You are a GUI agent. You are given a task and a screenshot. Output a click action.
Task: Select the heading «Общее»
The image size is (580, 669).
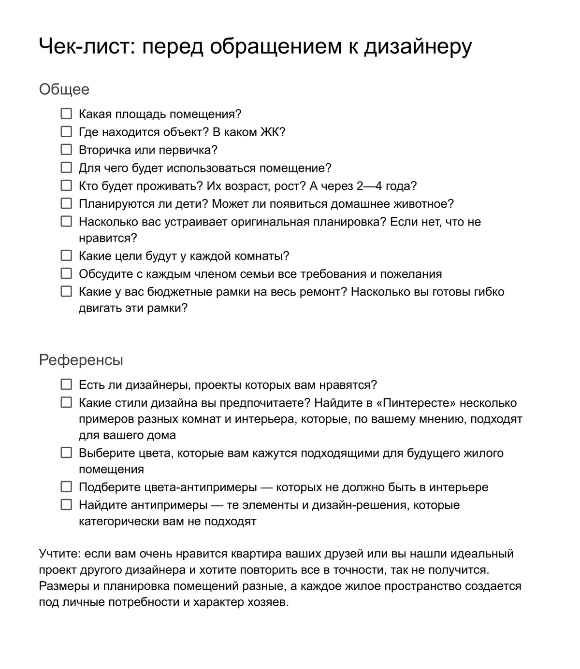click(x=64, y=89)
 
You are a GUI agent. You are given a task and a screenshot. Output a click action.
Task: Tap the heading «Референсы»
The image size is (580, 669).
click(x=81, y=360)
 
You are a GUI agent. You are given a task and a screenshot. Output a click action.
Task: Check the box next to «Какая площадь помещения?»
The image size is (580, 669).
click(x=66, y=114)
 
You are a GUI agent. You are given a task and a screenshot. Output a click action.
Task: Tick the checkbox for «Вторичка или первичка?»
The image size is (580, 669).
click(x=66, y=150)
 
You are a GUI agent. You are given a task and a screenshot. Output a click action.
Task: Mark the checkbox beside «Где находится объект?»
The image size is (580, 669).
click(x=66, y=132)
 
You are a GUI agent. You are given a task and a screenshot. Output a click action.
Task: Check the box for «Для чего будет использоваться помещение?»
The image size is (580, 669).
click(x=66, y=168)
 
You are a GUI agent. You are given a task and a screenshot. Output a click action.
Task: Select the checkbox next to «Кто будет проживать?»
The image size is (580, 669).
click(x=66, y=185)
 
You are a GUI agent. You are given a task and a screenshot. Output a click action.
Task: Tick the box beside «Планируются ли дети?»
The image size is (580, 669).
click(x=66, y=203)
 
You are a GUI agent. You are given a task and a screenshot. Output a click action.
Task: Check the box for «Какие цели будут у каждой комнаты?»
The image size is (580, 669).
click(x=66, y=256)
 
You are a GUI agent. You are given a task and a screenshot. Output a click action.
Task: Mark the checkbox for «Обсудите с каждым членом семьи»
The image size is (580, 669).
click(x=66, y=273)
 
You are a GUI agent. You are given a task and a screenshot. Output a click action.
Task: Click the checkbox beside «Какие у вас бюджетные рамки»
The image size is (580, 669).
click(x=66, y=291)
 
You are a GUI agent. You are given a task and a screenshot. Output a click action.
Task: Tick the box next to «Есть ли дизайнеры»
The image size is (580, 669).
click(x=66, y=384)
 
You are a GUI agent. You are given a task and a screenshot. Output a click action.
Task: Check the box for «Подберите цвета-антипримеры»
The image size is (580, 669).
click(x=66, y=487)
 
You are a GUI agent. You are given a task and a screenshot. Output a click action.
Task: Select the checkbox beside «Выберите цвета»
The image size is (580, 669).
click(x=66, y=453)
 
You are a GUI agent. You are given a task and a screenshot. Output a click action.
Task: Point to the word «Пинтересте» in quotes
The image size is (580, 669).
click(x=415, y=403)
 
